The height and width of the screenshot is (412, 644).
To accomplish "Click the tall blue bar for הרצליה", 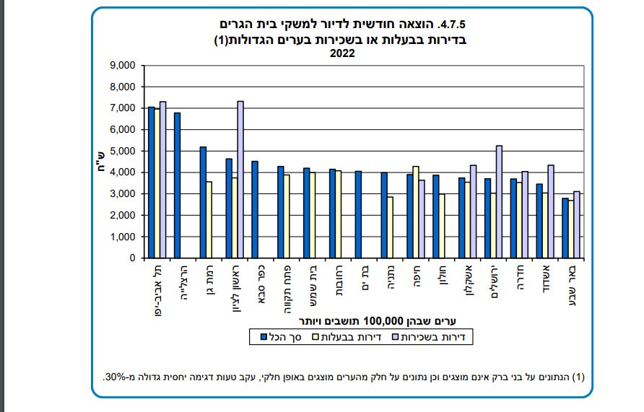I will (177, 185).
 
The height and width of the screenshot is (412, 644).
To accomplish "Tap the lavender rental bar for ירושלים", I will (499, 201).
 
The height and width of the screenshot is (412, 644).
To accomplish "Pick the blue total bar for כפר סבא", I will (254, 209).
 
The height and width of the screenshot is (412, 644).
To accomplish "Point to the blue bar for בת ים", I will (358, 214).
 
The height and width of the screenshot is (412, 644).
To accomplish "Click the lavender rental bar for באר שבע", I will (576, 224).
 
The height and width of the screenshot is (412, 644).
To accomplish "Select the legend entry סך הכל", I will (277, 336).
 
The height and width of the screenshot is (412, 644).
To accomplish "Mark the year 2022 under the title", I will (342, 53).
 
